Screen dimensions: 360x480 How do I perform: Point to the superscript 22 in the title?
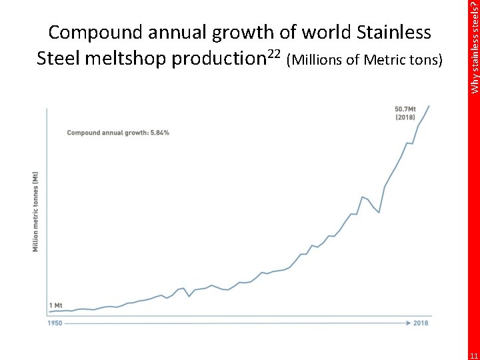[x=273, y=53]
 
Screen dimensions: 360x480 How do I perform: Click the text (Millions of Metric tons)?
[x=363, y=61]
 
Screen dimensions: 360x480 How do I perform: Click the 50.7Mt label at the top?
[x=405, y=109]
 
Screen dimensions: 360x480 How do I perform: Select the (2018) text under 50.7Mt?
[x=405, y=117]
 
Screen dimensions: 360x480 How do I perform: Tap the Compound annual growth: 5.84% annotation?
[x=118, y=133]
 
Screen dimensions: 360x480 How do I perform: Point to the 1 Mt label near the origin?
[x=56, y=305]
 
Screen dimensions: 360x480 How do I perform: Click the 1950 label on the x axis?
[x=55, y=323]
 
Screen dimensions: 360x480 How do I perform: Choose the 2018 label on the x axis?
[x=421, y=323]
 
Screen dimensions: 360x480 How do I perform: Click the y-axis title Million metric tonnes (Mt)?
[x=36, y=212]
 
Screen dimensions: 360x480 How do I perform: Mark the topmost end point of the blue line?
[x=429, y=105]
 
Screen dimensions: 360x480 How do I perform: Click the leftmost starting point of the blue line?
[x=49, y=311]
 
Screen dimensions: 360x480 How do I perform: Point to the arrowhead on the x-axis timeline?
[x=407, y=323]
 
